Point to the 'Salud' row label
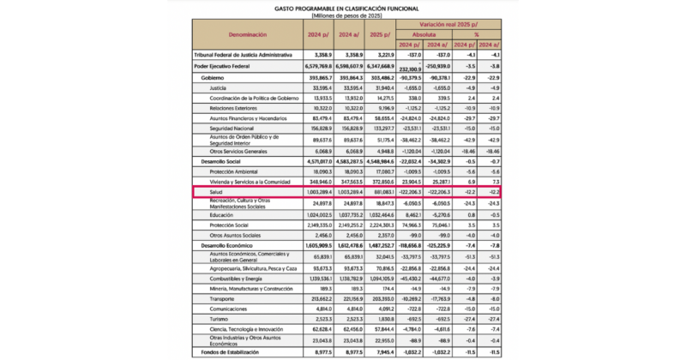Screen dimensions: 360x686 click(216, 194)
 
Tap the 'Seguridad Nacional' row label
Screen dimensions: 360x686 click(232, 128)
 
